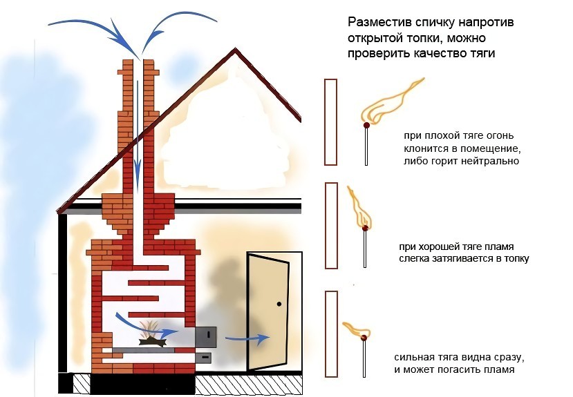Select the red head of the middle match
[x=365, y=228]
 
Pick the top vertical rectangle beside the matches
[x=330, y=122]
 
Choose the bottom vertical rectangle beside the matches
[x=330, y=333]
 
